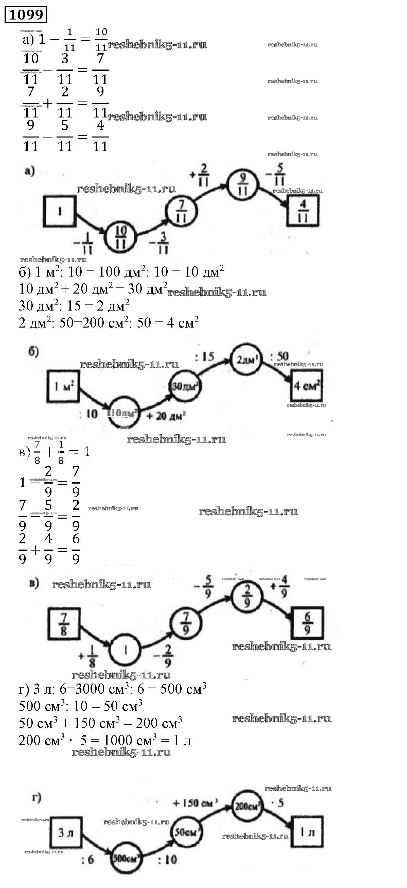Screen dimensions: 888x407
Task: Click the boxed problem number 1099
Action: point(26,14)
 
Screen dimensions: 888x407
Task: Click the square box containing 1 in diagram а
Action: point(59,211)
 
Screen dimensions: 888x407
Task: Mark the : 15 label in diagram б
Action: point(204,357)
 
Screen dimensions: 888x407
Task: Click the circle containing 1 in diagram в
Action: point(125,650)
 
